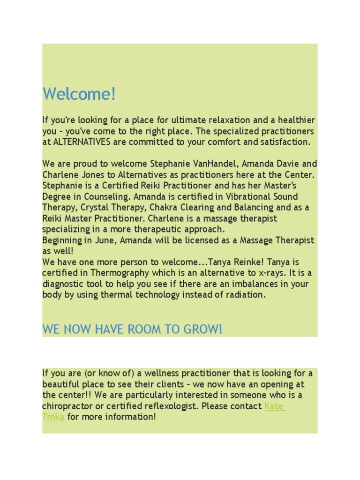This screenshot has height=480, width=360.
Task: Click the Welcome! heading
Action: tap(79, 94)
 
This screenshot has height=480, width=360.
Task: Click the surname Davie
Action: tap(288, 164)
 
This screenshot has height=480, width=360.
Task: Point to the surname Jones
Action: tap(92, 175)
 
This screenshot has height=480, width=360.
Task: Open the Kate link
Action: tap(274, 406)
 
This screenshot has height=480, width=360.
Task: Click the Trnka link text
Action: tap(53, 417)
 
